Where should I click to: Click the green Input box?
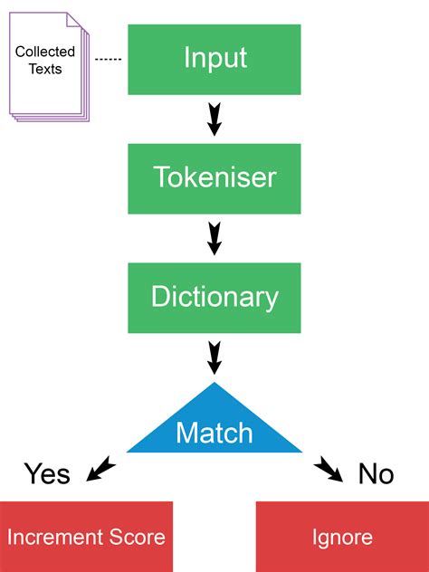(x=214, y=60)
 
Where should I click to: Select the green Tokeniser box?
(x=214, y=179)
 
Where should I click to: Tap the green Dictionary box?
(x=214, y=298)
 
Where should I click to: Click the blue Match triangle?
(x=214, y=427)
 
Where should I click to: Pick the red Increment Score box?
(x=86, y=537)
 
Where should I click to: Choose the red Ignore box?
(x=342, y=537)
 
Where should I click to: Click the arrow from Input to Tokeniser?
(x=214, y=119)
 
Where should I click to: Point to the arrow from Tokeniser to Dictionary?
(x=214, y=238)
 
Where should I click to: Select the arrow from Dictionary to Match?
(x=214, y=357)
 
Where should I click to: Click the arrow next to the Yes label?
(x=100, y=469)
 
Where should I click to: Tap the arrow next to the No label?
(x=329, y=469)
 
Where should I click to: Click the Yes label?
(x=47, y=474)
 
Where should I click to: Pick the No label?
(x=377, y=474)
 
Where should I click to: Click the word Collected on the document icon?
(x=45, y=52)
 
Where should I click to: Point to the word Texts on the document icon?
(x=45, y=69)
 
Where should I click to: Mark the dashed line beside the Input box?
(x=108, y=59)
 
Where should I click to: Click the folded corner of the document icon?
(x=73, y=20)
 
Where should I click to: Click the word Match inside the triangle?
(x=214, y=433)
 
